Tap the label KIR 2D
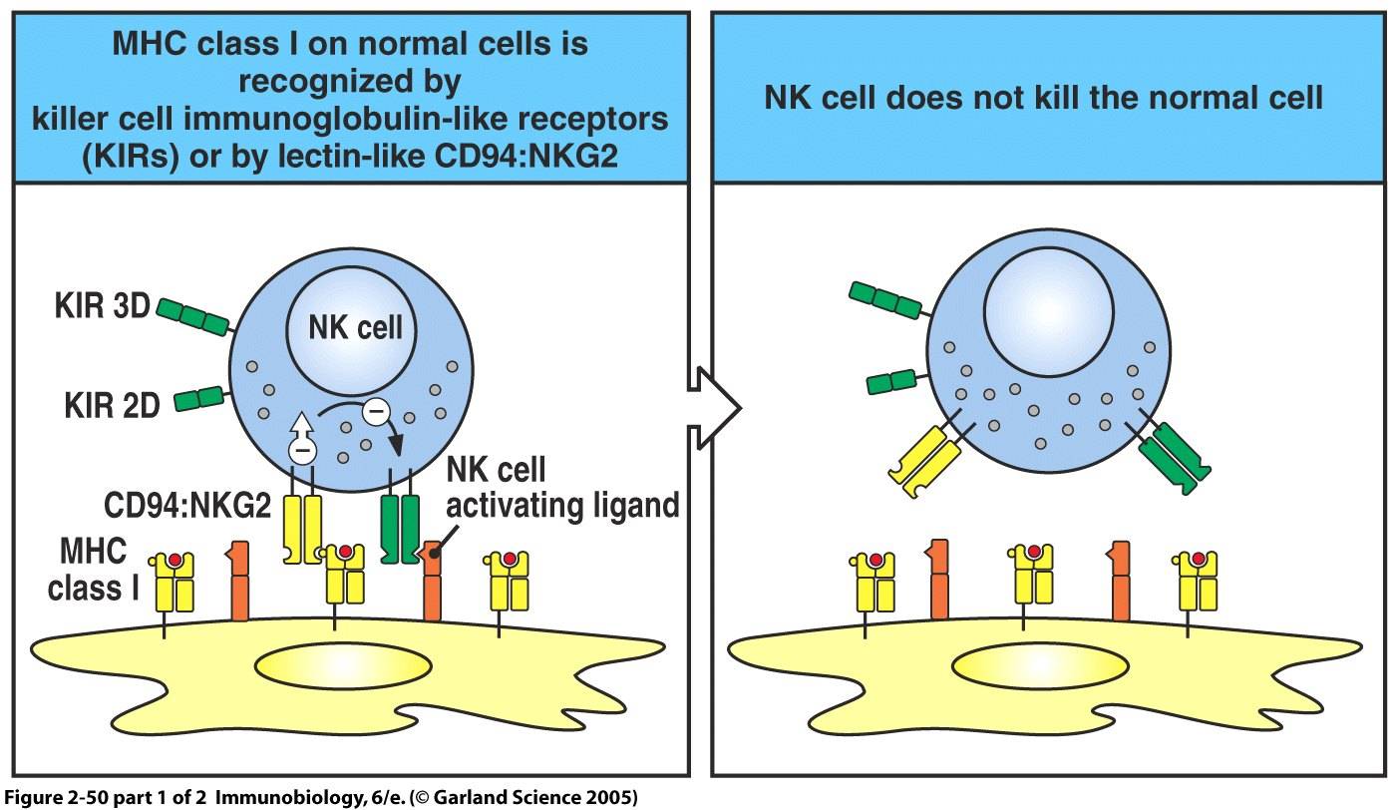tap(98, 405)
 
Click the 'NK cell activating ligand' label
tap(561, 488)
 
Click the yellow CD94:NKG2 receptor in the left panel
tap(304, 526)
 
